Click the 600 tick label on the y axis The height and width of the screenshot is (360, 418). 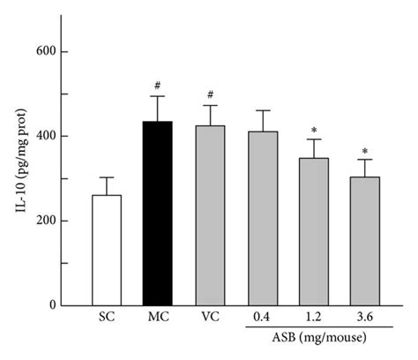[59, 52]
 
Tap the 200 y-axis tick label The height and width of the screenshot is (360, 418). [59, 221]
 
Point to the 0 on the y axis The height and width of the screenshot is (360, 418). [65, 305]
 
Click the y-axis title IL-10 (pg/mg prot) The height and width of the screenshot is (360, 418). [19, 176]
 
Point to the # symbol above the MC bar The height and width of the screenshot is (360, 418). [157, 86]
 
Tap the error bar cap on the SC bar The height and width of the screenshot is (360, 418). [107, 177]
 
